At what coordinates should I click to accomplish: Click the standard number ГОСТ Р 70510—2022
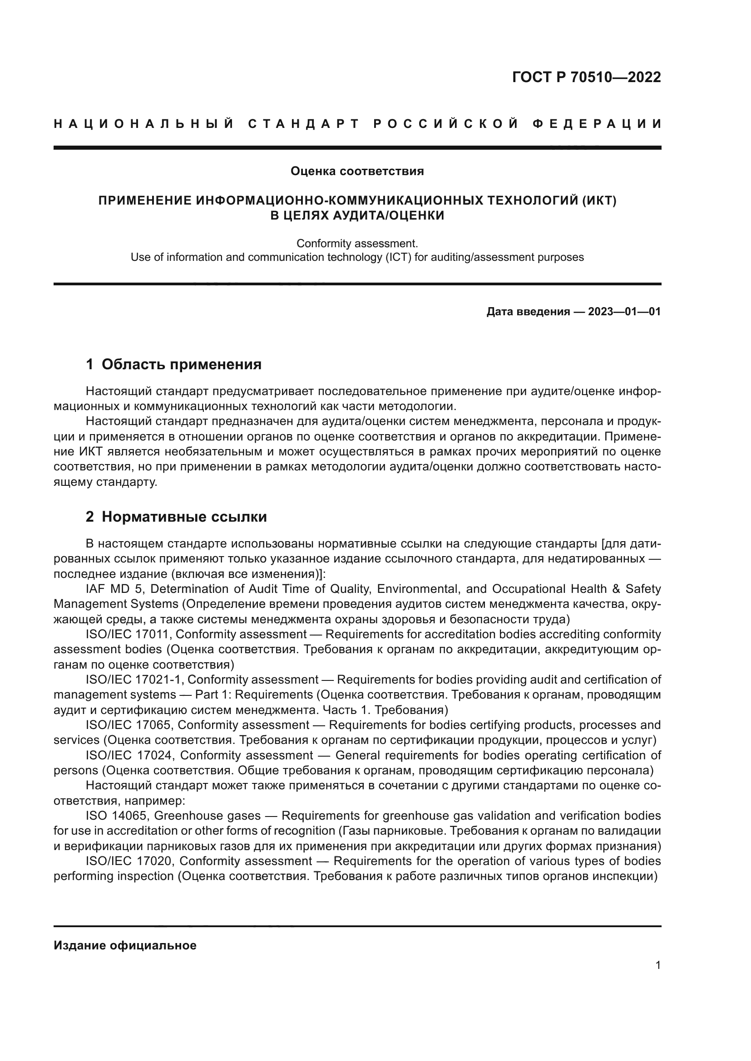pyautogui.click(x=586, y=77)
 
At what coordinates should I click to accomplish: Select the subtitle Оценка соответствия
pyautogui.click(x=357, y=171)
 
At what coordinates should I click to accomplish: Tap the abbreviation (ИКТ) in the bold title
pyautogui.click(x=599, y=200)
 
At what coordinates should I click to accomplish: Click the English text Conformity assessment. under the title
pyautogui.click(x=357, y=243)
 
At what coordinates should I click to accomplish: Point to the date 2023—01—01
pyautogui.click(x=624, y=312)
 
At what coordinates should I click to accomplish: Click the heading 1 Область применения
pyautogui.click(x=173, y=365)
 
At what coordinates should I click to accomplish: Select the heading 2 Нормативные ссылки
pyautogui.click(x=176, y=517)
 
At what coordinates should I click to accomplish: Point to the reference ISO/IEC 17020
pyautogui.click(x=130, y=861)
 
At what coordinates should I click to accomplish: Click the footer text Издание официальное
pyautogui.click(x=125, y=945)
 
